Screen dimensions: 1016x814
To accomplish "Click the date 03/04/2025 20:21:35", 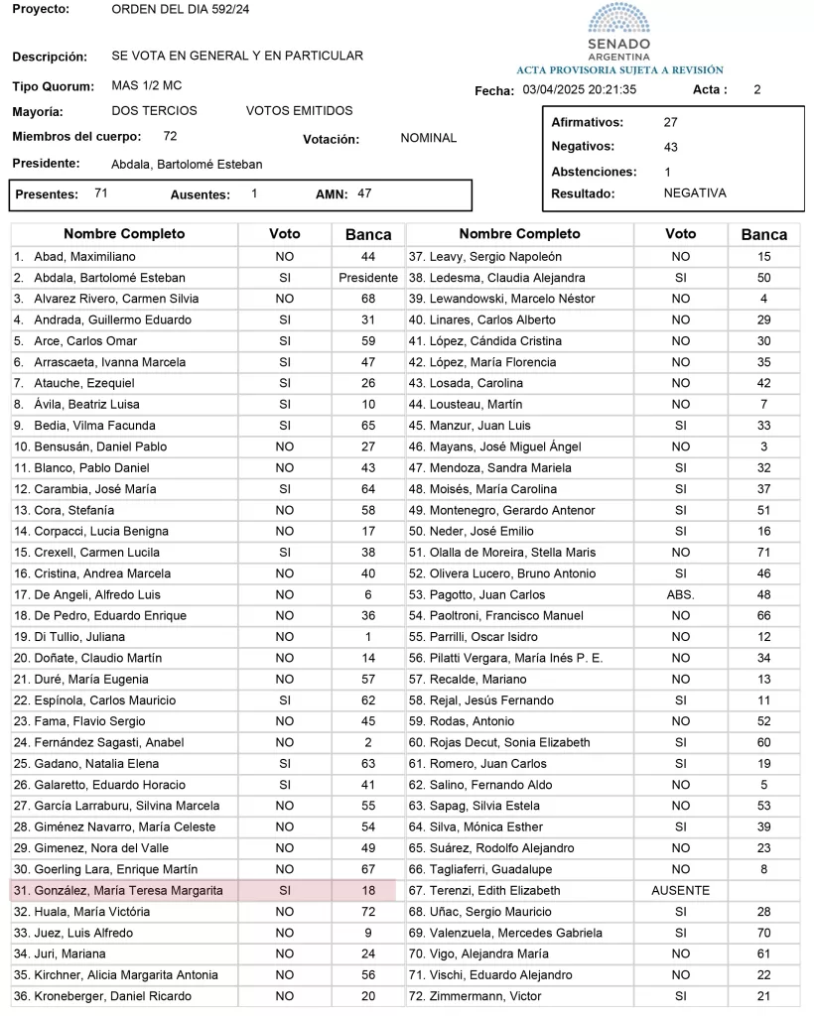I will coord(579,89).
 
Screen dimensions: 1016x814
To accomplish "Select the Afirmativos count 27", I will coord(670,123).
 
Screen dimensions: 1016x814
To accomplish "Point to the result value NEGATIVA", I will coord(695,193).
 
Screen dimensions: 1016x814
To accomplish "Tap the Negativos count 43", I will coord(670,147).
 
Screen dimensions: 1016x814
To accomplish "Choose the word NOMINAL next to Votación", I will coord(428,138).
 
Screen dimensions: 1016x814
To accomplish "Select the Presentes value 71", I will coord(101,193).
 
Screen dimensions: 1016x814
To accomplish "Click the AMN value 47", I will coord(364,193).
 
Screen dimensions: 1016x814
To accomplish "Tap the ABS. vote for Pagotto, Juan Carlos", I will coord(680,595).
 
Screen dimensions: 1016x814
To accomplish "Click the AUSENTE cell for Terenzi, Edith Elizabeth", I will coord(680,891).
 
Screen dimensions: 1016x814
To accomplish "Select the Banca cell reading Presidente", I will coord(367,278).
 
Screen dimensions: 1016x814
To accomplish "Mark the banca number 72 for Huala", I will coord(367,912).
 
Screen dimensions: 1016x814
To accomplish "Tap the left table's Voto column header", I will coord(284,234).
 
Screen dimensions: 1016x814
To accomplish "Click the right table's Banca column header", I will coord(763,235).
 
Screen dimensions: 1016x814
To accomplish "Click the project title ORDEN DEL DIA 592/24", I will coord(181,9).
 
